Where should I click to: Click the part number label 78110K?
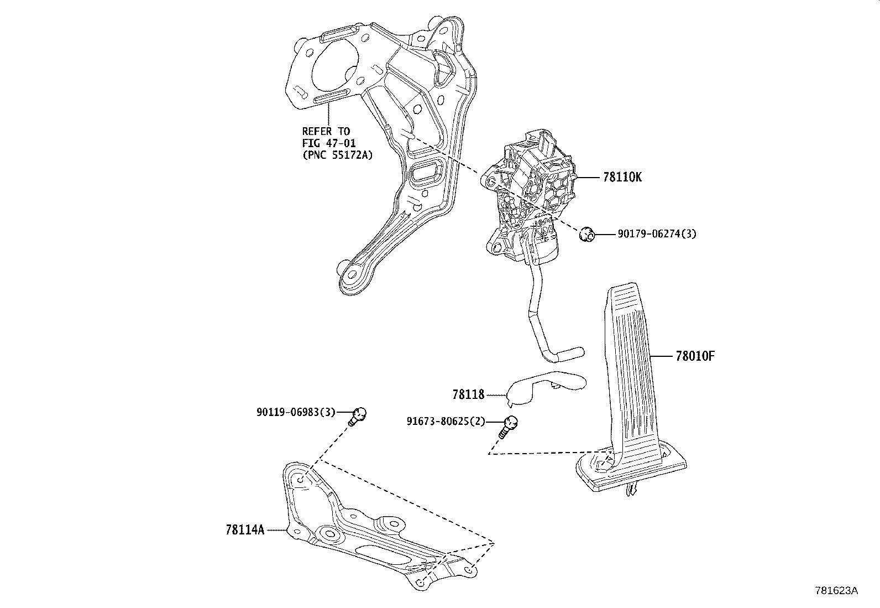tap(622, 178)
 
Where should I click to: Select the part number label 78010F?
tap(695, 356)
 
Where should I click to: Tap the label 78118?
tap(468, 394)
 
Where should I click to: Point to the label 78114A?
tap(245, 529)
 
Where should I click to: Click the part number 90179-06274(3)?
tap(657, 234)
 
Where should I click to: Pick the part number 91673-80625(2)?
tap(446, 422)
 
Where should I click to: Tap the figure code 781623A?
tap(836, 591)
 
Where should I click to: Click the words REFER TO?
tap(326, 131)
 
